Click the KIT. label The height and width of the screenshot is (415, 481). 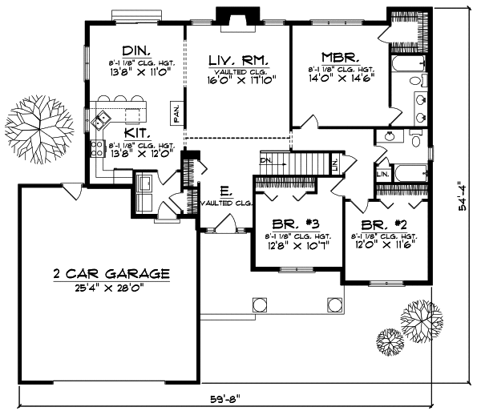[x=134, y=135]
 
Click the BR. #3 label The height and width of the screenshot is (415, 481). [x=289, y=223]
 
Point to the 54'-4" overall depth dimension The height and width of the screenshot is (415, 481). [x=463, y=194]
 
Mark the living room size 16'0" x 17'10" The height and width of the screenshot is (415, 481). [x=237, y=81]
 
